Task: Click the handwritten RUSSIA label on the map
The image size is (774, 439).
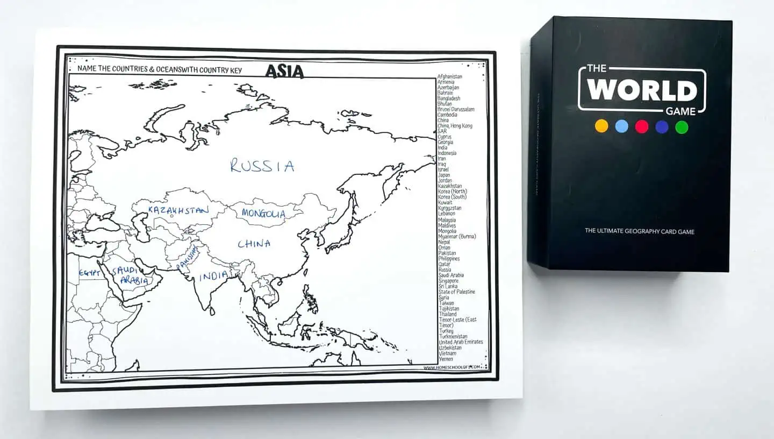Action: coord(262,166)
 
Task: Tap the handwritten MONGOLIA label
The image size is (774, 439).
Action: coord(263,214)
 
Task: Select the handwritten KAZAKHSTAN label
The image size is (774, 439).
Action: coord(178,210)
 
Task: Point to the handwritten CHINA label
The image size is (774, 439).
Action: coord(254,244)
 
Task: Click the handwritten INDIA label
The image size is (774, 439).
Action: coord(213,277)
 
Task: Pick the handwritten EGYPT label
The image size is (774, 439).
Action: coord(90,273)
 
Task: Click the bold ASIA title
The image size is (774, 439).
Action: coord(284,71)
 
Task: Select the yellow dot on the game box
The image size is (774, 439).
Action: coord(601,126)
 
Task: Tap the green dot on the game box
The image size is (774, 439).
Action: coord(682,127)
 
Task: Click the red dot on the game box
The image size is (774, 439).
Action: coord(642,126)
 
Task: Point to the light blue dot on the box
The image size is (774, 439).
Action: coord(621,126)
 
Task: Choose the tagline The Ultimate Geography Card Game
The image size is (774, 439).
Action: coord(640,231)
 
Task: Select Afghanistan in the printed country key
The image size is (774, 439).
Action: coord(450,76)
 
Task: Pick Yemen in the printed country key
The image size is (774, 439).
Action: coord(446,359)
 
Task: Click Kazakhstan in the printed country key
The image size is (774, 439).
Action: coord(450,186)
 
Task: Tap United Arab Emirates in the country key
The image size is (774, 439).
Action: coord(461,342)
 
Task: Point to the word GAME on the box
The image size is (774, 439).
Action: coord(680,111)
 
